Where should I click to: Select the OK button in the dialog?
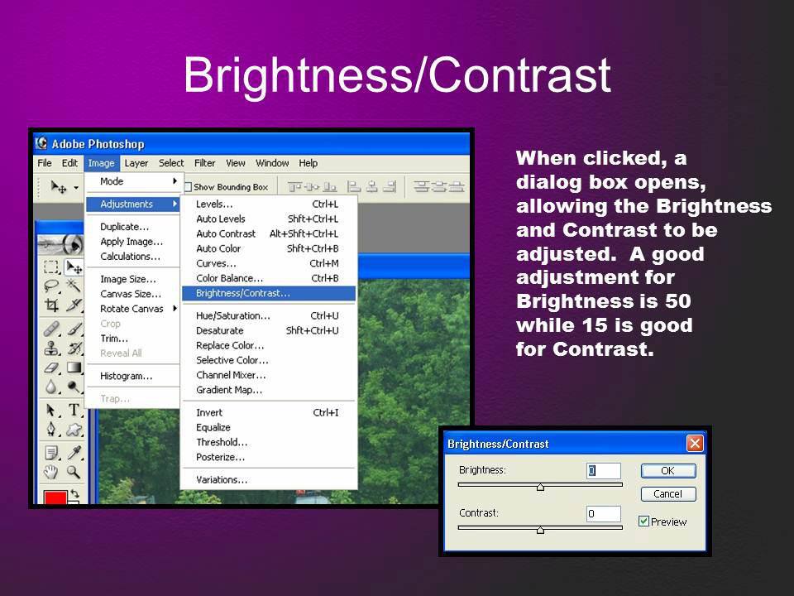[x=668, y=470]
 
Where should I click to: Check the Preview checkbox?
[x=643, y=521]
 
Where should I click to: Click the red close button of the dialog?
[x=695, y=444]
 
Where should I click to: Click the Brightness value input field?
[x=604, y=470]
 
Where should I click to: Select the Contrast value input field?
[x=604, y=513]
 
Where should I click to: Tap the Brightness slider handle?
[x=540, y=487]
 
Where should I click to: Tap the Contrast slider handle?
[x=540, y=530]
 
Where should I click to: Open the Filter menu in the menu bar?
[x=204, y=163]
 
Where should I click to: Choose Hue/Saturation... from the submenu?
[x=233, y=315]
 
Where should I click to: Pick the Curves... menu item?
[x=216, y=263]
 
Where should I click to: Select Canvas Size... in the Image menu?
[x=131, y=294]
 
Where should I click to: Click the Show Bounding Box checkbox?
[x=188, y=187]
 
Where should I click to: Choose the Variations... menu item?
[x=222, y=479]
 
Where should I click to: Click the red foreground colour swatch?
[x=55, y=497]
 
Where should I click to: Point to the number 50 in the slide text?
[x=677, y=301]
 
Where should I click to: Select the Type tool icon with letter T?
[x=74, y=410]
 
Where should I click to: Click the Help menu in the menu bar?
[x=308, y=163]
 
